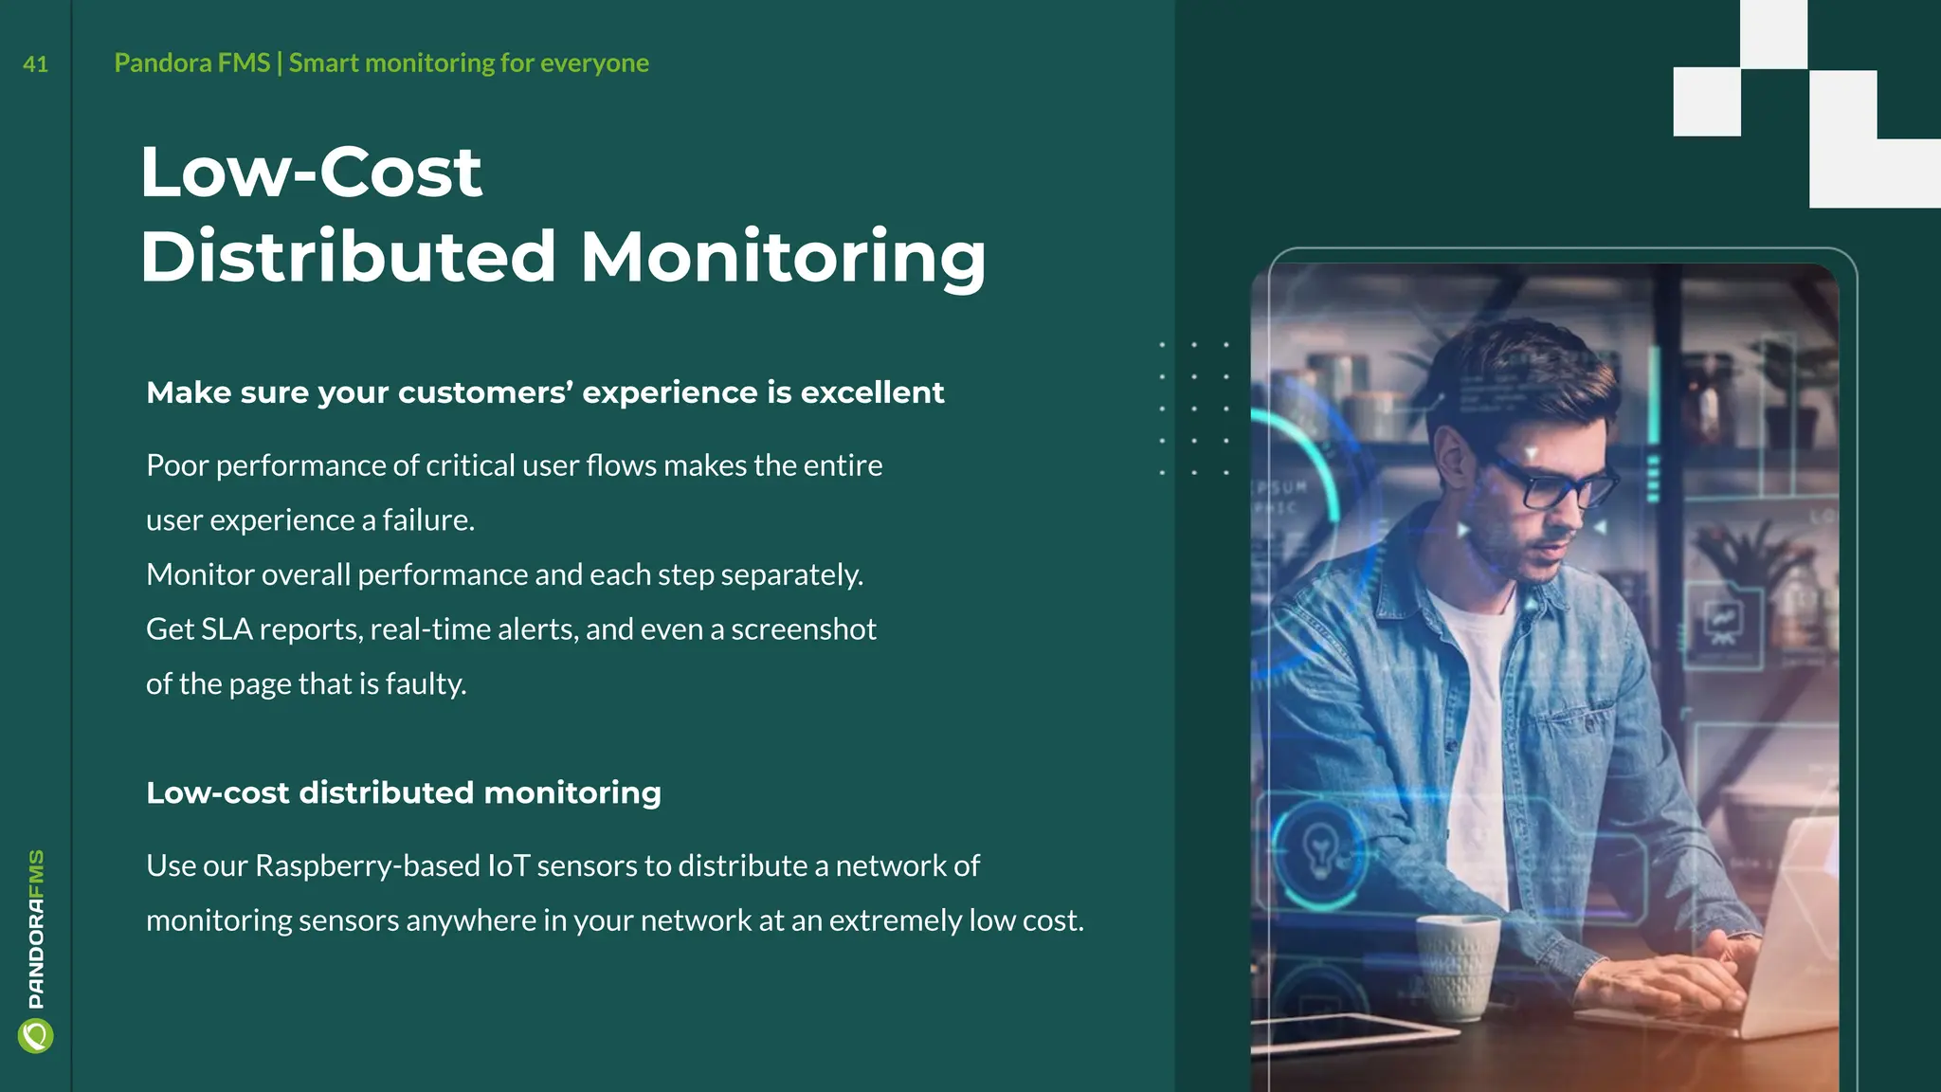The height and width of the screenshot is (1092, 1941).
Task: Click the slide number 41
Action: [x=35, y=64]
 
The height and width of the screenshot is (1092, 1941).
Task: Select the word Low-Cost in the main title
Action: [x=311, y=173]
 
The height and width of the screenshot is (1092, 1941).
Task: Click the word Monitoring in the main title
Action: [x=783, y=257]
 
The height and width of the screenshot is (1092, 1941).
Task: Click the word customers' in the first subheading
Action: [x=485, y=392]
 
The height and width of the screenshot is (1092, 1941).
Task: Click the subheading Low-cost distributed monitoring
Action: [x=404, y=792]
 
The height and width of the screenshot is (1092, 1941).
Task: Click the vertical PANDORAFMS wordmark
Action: [x=36, y=929]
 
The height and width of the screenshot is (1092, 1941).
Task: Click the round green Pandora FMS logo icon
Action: [x=36, y=1035]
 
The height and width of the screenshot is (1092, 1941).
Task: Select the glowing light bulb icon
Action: [x=1320, y=846]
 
